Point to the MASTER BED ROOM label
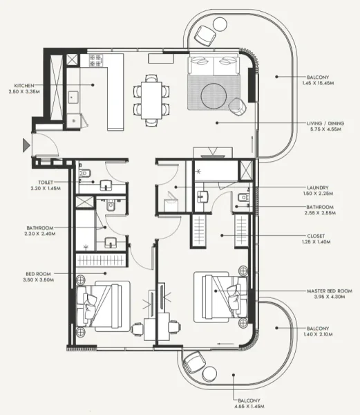click(330, 291)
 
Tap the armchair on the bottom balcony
click(194, 361)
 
